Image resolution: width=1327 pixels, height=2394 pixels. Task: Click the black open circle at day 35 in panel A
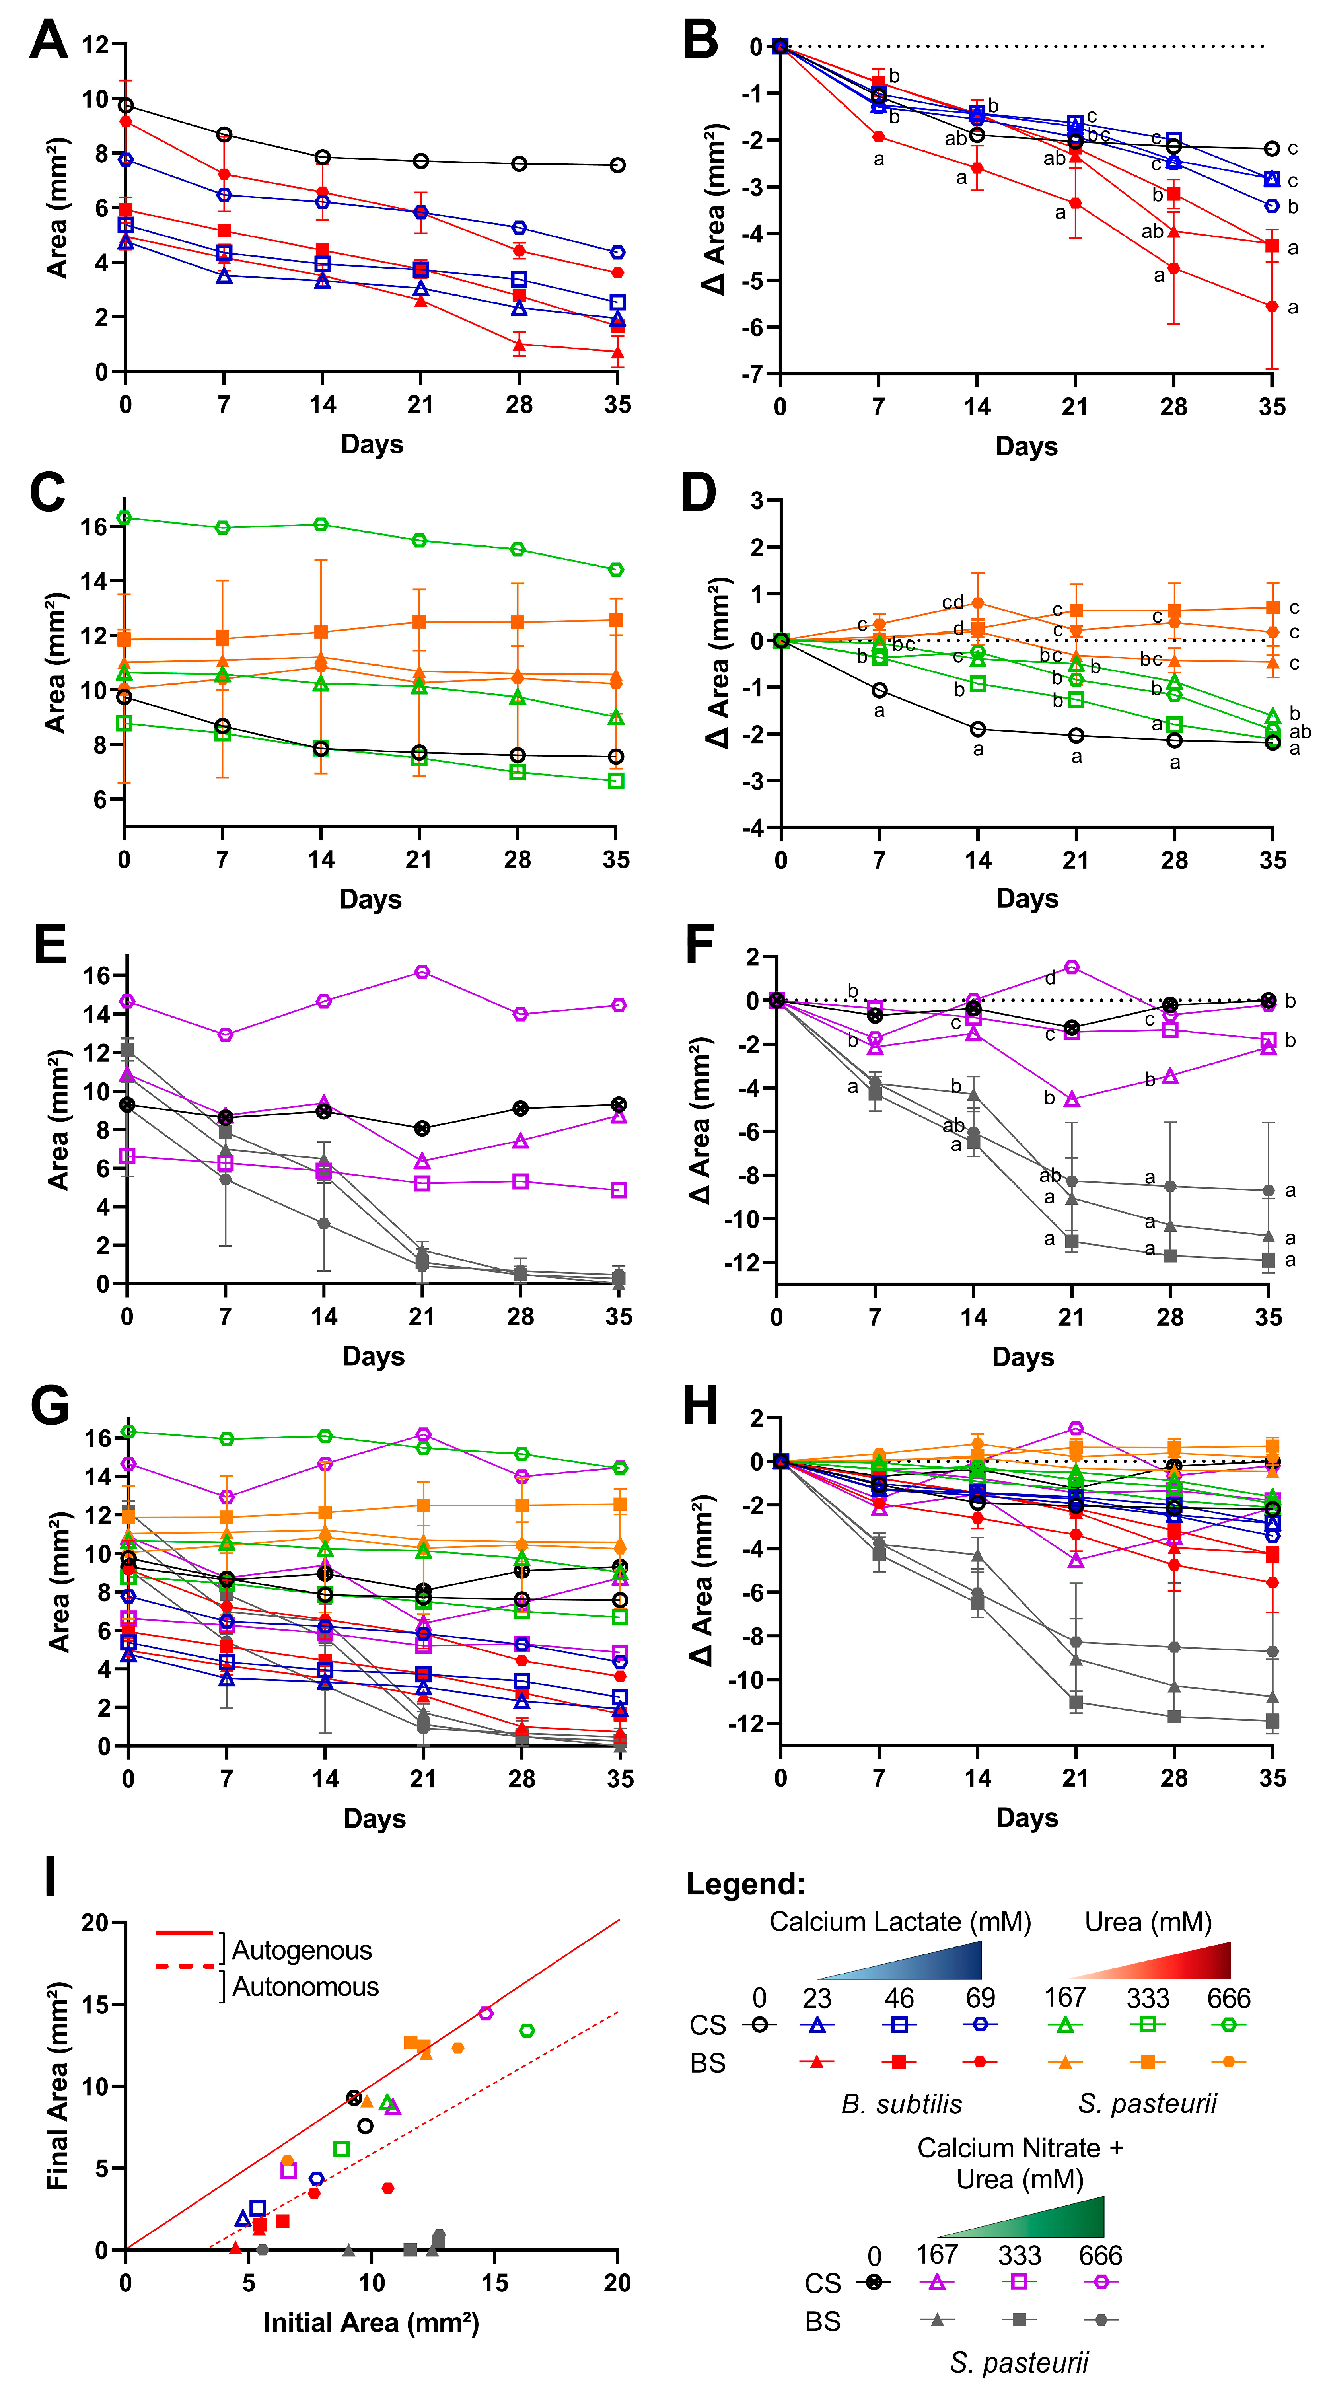[617, 165]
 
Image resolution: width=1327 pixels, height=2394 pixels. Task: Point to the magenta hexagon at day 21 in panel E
[422, 972]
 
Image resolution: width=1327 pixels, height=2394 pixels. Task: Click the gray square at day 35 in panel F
[1269, 1260]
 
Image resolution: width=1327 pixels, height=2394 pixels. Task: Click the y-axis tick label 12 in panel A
[96, 45]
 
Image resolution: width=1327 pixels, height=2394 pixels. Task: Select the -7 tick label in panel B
[749, 374]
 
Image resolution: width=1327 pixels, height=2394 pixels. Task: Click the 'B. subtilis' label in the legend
[901, 2104]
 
